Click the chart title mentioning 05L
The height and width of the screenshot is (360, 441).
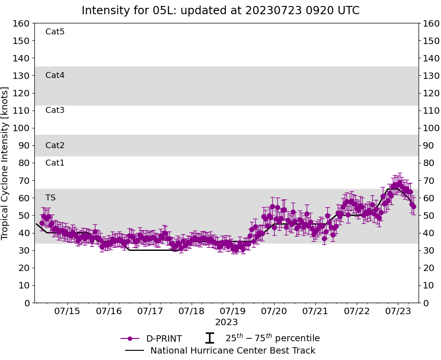tap(220, 11)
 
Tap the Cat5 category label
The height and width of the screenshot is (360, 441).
tap(55, 32)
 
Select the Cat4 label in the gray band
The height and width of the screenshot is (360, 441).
tap(55, 75)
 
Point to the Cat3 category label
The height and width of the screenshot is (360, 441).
tap(55, 110)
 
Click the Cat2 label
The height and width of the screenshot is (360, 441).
tap(55, 145)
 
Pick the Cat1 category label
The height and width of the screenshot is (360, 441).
tap(55, 163)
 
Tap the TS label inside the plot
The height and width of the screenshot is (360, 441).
tap(50, 198)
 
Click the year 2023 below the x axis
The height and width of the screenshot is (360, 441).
tap(226, 322)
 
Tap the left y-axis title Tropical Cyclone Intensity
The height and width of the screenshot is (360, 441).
tap(6, 163)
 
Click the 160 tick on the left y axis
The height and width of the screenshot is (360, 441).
tap(22, 23)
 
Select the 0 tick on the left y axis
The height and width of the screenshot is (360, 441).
tap(27, 303)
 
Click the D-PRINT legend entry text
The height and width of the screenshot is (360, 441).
tap(164, 339)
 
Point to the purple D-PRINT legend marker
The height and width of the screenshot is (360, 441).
tap(130, 338)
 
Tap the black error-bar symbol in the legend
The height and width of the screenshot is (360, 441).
tap(209, 338)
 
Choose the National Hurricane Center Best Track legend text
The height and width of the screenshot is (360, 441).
tap(233, 351)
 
